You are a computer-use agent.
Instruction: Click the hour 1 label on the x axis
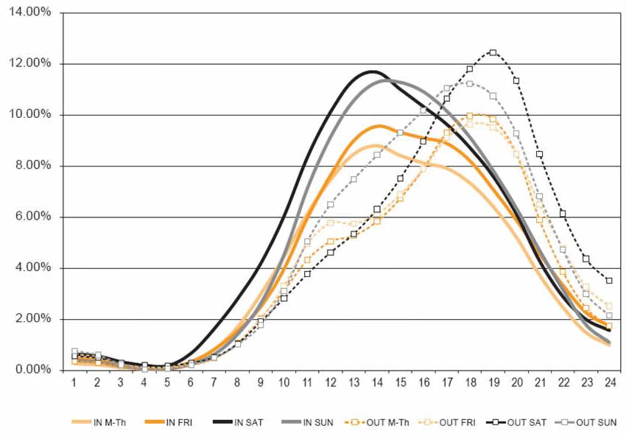click(74, 384)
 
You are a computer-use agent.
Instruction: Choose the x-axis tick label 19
click(493, 384)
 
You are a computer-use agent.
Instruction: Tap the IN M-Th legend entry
click(102, 422)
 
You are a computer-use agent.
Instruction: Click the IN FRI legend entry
click(170, 422)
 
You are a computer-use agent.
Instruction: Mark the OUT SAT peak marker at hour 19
click(493, 52)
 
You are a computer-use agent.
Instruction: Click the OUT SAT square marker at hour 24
click(608, 280)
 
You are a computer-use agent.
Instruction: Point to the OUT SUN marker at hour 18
click(470, 83)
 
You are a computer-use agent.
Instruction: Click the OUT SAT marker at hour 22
click(563, 213)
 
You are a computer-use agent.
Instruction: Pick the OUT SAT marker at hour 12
click(331, 252)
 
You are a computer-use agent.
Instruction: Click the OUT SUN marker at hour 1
click(74, 351)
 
